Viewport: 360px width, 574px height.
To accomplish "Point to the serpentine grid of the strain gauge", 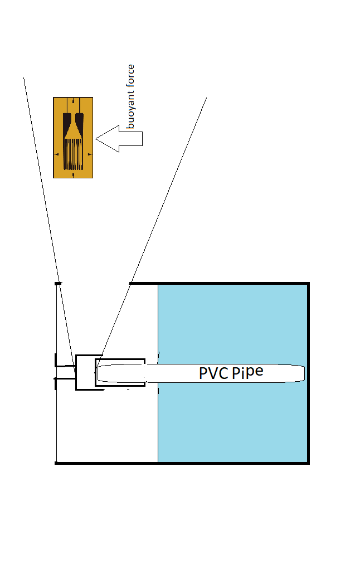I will coord(73,153).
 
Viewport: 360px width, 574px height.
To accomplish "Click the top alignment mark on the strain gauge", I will coord(73,101).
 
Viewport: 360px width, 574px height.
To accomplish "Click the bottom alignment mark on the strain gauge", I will coord(73,175).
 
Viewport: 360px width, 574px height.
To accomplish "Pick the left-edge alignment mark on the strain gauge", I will coord(56,154).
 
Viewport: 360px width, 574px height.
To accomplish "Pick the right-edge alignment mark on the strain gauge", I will coord(90,154).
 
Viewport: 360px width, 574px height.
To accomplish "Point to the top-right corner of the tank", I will coord(308,284).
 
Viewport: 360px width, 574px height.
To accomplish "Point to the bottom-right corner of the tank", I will coord(308,463).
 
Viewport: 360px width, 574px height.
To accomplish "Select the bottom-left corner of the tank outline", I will coord(56,463).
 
